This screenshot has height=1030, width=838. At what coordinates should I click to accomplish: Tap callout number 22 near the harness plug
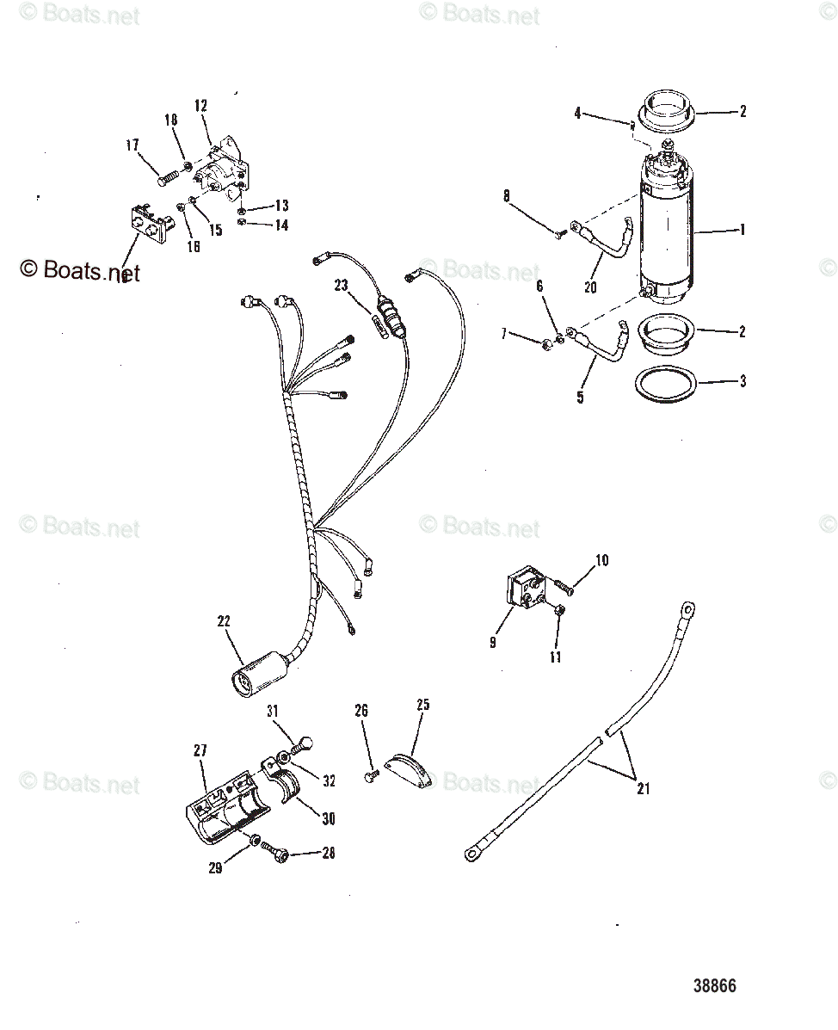coord(224,621)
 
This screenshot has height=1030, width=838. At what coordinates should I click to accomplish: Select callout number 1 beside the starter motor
coord(742,231)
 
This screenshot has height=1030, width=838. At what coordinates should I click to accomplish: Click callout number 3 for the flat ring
coord(742,381)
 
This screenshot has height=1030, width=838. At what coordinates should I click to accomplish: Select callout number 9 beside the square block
coord(492,642)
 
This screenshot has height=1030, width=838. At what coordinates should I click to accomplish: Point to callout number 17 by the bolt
coord(132,146)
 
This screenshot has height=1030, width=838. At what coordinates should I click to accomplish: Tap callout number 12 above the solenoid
coord(200,106)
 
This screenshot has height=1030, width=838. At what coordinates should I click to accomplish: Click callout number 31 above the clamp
coord(273,710)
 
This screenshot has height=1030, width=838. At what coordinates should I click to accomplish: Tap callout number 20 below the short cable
coord(590,288)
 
